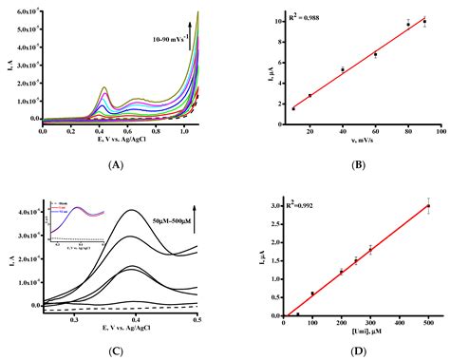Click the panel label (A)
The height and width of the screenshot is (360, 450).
click(117, 164)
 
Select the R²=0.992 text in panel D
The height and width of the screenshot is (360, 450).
click(303, 200)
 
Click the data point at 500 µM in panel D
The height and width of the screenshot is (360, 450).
click(427, 206)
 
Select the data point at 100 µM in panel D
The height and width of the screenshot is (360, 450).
click(312, 294)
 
